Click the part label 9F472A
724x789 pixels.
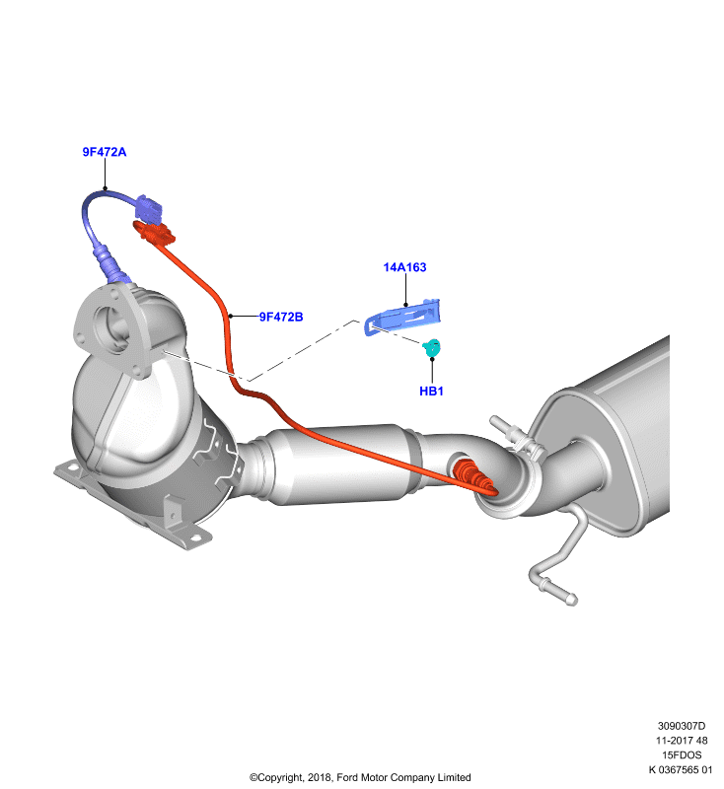point(105,152)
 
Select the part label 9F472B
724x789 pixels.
point(281,317)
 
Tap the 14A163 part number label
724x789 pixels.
point(405,267)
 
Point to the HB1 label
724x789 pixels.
point(432,391)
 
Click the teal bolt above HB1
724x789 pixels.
point(432,347)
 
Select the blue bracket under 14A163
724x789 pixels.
point(402,317)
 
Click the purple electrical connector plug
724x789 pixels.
point(148,209)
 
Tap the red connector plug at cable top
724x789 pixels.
point(154,233)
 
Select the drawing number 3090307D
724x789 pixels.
point(682,726)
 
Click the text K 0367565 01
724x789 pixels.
point(681,769)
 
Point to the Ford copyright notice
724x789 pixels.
point(360,777)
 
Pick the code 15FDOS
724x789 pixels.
point(682,754)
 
